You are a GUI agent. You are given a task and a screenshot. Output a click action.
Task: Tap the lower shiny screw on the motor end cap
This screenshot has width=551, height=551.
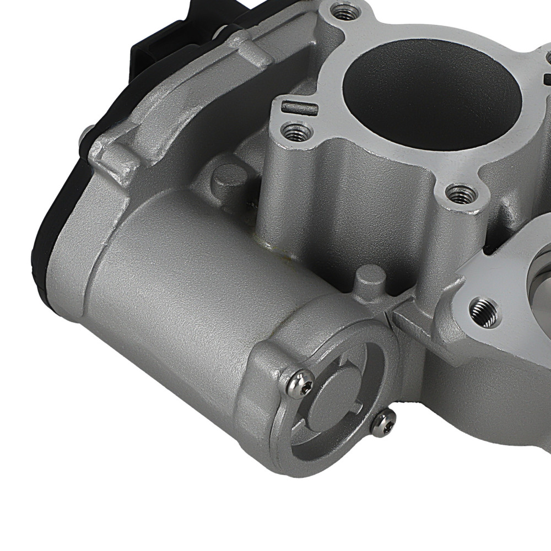coord(383,423)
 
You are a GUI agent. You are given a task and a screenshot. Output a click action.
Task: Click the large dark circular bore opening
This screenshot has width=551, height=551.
coord(432,99)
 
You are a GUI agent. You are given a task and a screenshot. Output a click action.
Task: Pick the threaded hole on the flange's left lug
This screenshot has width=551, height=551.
coord(296,132)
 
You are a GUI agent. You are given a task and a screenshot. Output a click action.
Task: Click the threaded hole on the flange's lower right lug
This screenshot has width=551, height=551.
coord(461,194)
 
